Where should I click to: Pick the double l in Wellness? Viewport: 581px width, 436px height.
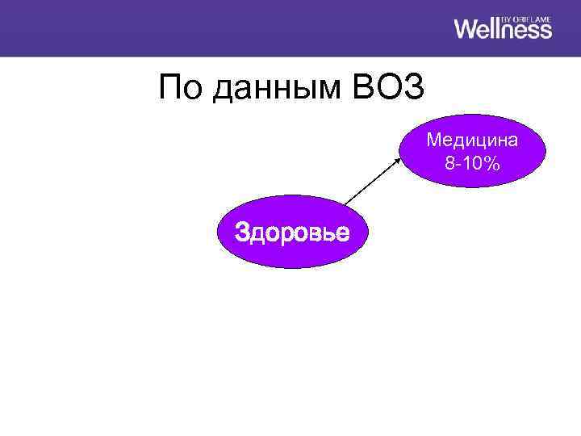[x=495, y=28]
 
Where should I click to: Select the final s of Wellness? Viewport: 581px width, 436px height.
[x=546, y=31]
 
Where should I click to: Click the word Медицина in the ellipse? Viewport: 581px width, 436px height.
[x=473, y=140]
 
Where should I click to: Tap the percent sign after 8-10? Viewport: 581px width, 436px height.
[x=493, y=163]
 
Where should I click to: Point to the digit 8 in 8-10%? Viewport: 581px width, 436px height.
[x=449, y=163]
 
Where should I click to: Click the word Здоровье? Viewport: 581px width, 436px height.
[x=291, y=233]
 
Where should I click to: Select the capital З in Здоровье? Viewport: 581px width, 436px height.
[x=240, y=233]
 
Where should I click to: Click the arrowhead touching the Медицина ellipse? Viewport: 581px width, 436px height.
[x=400, y=159]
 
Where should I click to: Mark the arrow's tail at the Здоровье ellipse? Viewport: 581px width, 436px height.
[x=345, y=203]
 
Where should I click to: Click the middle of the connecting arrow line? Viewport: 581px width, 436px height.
[x=373, y=181]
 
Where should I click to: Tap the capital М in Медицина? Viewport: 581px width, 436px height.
[x=433, y=140]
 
